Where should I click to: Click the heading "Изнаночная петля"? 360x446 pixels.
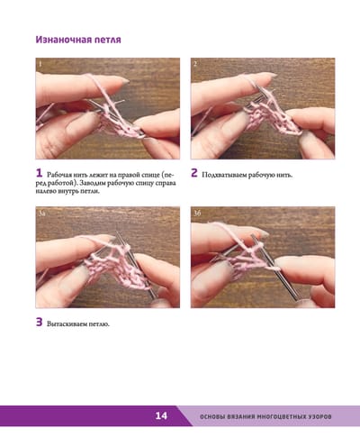point(78,40)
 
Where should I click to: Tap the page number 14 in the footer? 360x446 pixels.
point(161,415)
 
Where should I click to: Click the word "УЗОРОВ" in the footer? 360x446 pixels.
point(320,416)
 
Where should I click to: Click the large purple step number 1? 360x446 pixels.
point(39,173)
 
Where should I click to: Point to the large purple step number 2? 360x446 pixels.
point(194,173)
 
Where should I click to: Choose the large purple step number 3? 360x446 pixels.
point(40,322)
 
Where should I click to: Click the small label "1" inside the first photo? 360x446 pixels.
point(40,64)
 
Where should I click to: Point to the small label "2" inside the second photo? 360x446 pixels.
point(195,64)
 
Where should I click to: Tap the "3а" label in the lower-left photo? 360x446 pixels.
point(41,214)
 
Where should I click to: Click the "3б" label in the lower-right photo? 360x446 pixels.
point(197,213)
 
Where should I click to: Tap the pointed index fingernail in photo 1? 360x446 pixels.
point(122,80)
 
